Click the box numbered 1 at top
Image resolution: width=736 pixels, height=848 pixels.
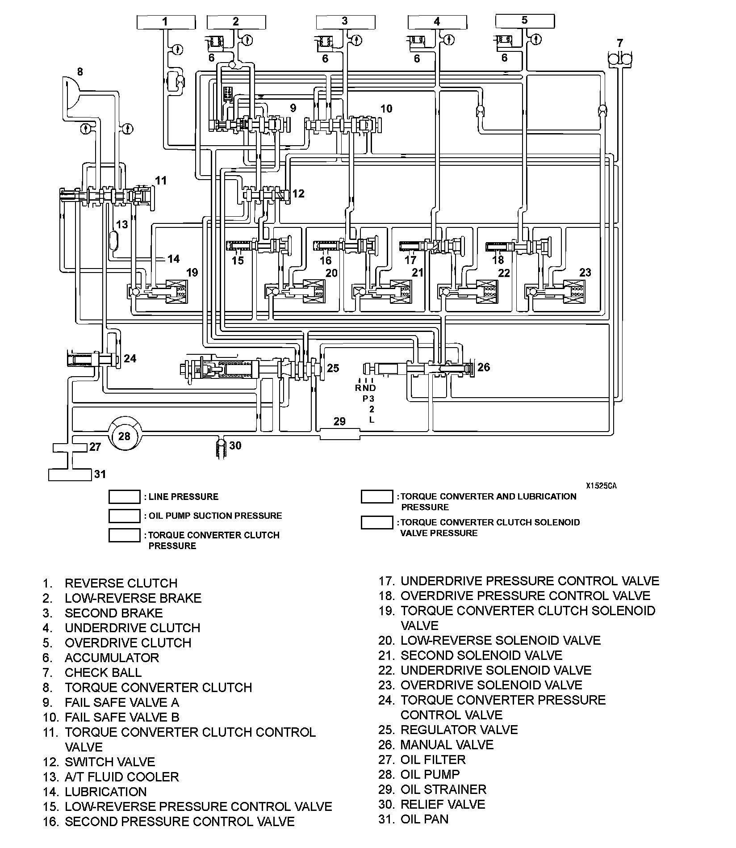tap(166, 21)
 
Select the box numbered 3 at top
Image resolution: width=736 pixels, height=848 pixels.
tap(345, 21)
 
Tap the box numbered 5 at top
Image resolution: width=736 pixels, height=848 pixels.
tap(525, 21)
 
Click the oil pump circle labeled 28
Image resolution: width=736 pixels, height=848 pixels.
tap(124, 435)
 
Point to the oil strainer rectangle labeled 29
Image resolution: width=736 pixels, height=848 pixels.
tap(340, 433)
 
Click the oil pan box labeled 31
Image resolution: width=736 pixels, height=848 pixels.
tap(69, 474)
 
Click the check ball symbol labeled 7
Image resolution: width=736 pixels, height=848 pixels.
tap(620, 59)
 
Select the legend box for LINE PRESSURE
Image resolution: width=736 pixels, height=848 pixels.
tap(125, 497)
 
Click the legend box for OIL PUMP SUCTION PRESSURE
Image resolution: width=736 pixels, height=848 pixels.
tap(125, 516)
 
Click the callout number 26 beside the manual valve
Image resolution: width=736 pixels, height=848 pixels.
tap(484, 367)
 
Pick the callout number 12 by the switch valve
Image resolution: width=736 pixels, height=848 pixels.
tap(298, 193)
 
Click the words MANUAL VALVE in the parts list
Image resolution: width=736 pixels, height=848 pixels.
tap(447, 745)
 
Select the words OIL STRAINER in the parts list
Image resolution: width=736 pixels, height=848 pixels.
tap(443, 789)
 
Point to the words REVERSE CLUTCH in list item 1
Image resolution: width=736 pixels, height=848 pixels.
tap(121, 583)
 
